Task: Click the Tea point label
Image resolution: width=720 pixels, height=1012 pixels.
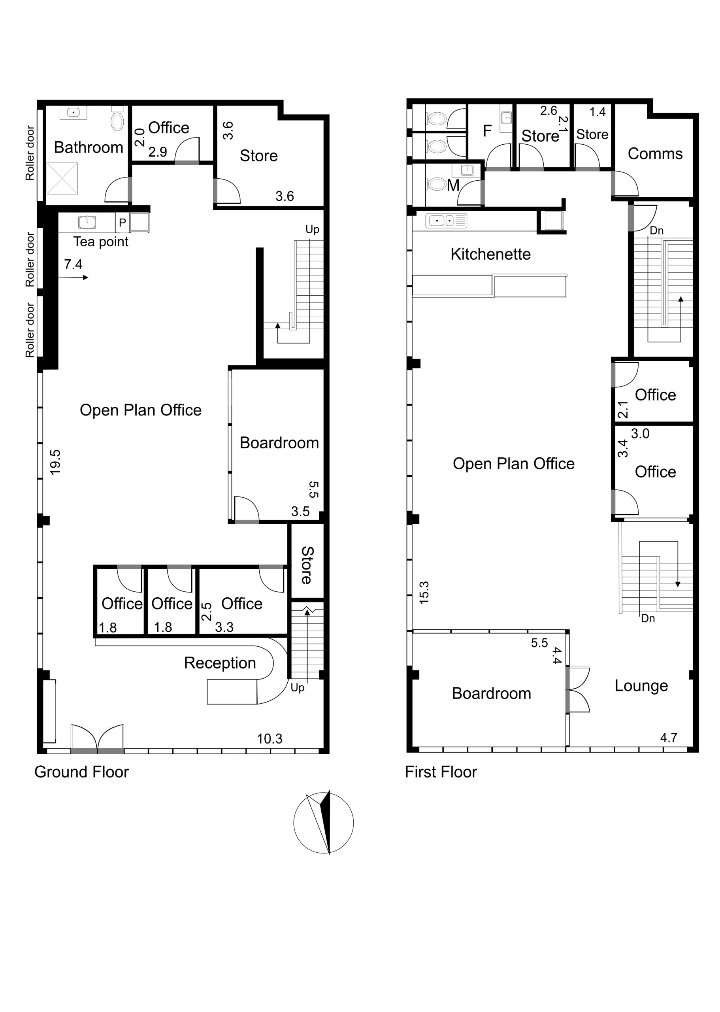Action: pos(101,242)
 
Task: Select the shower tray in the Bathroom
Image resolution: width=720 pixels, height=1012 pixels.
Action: pos(62,178)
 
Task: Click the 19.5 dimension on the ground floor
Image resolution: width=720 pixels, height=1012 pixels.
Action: pos(55,462)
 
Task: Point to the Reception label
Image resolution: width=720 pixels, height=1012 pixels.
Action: pos(220,663)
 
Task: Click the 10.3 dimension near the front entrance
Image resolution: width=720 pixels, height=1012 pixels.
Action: pos(270,738)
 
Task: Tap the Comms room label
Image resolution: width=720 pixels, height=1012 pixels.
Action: pos(655,153)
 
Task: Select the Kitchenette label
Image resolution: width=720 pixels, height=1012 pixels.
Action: pos(490,254)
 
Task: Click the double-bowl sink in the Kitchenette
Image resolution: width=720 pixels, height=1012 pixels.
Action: pos(446,221)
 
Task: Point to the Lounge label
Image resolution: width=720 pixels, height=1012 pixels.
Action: pos(641,685)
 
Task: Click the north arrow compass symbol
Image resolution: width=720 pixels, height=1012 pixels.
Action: pos(324,823)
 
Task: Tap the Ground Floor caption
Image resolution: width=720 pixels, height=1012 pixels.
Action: pos(81,772)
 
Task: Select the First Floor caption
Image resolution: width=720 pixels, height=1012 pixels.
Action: pos(441,772)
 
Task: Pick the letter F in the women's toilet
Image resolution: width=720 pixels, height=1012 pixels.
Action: pos(487,131)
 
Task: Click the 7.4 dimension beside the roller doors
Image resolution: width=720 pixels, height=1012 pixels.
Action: pos(73,264)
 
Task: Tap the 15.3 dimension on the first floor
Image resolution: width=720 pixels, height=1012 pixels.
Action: pos(424,592)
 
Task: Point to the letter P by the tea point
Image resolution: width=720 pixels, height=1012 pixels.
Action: pos(123,223)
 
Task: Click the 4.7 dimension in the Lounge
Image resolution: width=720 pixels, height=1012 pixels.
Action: pos(669,738)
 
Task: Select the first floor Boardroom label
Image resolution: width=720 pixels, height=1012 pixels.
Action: pos(491,693)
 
